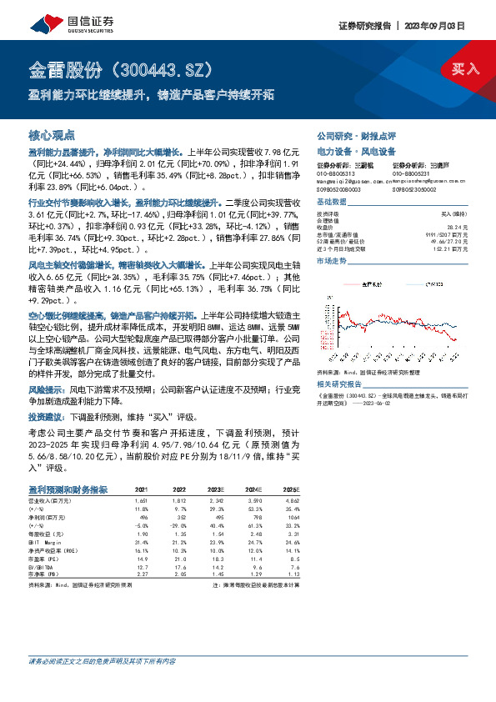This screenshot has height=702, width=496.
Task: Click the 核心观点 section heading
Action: click(52, 134)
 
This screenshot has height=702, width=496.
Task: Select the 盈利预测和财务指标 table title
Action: click(68, 489)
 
